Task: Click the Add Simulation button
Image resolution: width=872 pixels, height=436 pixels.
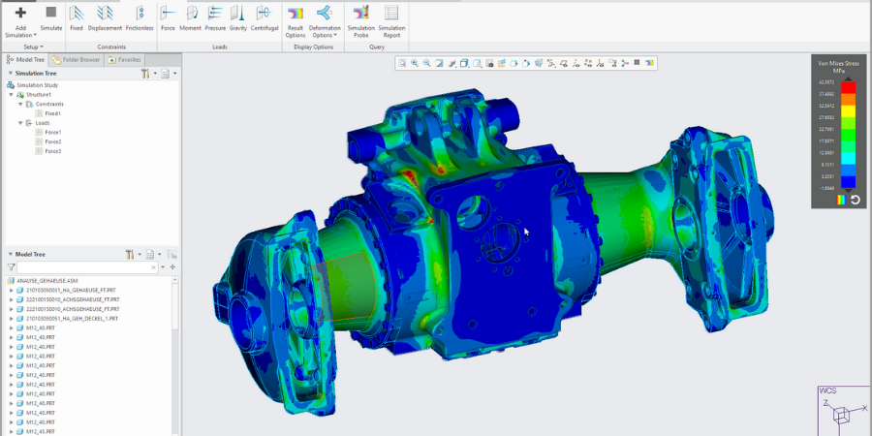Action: tap(20, 18)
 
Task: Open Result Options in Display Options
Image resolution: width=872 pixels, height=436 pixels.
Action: tap(296, 18)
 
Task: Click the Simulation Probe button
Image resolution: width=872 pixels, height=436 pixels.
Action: tap(361, 18)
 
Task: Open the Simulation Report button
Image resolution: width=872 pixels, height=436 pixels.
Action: tap(391, 18)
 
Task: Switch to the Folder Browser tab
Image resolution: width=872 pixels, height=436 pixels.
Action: tap(76, 59)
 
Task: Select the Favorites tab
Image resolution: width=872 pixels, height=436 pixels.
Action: tap(125, 59)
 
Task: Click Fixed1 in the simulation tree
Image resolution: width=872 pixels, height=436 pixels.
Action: tap(52, 113)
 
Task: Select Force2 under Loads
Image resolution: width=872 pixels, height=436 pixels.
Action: tap(52, 141)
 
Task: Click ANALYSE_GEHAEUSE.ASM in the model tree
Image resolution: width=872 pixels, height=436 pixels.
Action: tap(46, 280)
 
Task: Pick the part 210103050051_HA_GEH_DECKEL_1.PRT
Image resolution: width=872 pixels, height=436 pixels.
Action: tap(72, 318)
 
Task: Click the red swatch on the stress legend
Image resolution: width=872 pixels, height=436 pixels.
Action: tap(848, 87)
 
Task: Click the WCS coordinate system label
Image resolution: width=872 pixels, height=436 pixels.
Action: tap(828, 390)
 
